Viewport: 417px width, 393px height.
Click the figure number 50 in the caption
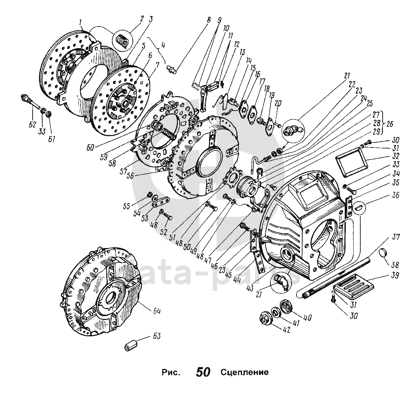[x=203, y=372]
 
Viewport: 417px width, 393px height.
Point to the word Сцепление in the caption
[x=244, y=372]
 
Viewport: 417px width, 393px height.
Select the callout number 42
[x=286, y=330]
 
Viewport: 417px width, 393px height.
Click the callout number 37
[x=395, y=237]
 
